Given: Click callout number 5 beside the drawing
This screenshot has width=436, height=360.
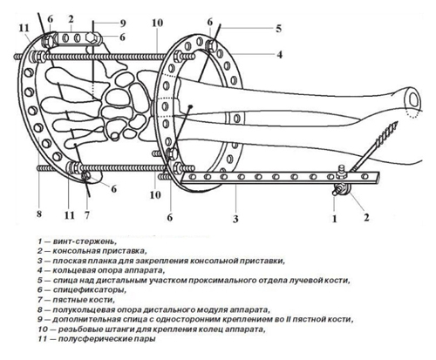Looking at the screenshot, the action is coord(278,29).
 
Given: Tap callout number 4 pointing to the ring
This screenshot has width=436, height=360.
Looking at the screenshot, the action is coord(279,54).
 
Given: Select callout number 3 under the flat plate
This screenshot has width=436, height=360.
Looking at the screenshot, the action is coord(235,219).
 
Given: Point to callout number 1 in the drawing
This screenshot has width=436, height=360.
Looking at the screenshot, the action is coord(334,219).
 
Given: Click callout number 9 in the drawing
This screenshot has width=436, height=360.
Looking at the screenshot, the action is coord(122,24).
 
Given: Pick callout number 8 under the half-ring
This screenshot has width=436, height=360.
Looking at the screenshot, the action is coord(39,214).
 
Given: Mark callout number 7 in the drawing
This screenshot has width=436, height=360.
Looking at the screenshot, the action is coord(87,215).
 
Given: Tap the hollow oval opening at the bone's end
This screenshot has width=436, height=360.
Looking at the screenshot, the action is coord(413,99).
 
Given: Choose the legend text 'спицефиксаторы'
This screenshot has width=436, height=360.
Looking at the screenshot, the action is coord(90,289).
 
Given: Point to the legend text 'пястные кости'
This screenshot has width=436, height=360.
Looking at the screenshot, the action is coord(84,299).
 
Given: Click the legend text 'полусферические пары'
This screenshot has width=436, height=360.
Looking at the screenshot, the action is coord(106,339).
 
